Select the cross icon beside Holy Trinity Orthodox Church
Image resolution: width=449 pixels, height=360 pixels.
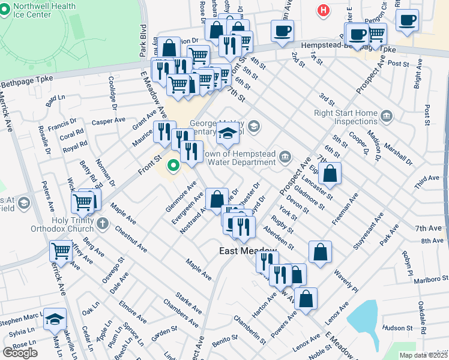[103, 224]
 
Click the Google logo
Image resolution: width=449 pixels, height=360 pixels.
[19, 353]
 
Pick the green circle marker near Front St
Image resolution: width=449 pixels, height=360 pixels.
[173, 165]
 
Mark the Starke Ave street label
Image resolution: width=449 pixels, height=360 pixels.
[188, 303]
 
